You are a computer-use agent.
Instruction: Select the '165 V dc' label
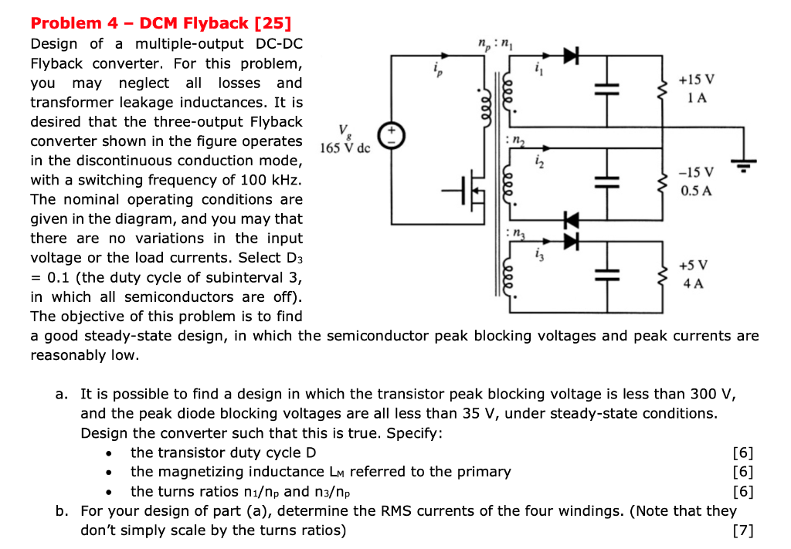(345, 147)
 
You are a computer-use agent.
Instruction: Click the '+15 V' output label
(696, 80)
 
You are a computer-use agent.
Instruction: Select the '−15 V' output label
(696, 172)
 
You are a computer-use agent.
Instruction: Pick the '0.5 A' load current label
(696, 190)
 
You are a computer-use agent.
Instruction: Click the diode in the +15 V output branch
(571, 55)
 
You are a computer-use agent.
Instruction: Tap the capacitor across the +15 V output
(607, 90)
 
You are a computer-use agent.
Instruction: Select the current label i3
(539, 253)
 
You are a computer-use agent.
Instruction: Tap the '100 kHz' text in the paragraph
(267, 180)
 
